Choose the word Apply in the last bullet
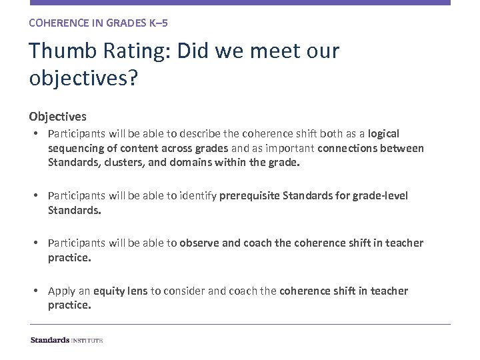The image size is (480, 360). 62,291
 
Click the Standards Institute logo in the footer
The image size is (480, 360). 66,340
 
